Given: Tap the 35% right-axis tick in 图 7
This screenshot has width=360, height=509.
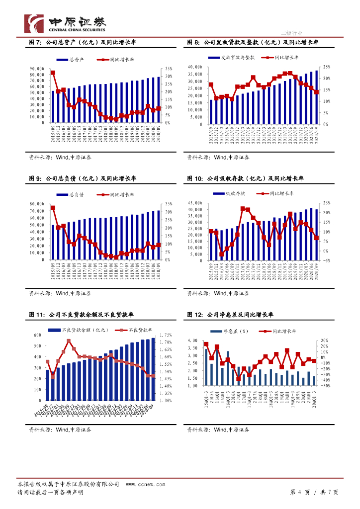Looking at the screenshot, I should point(169,69).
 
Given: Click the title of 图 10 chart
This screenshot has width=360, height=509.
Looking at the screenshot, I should point(246,179).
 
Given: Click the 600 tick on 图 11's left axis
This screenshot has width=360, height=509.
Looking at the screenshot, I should point(37,335).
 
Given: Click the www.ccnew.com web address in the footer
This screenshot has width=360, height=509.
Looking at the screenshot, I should point(142,484).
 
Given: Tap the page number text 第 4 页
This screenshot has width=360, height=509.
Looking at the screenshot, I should point(301,492).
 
